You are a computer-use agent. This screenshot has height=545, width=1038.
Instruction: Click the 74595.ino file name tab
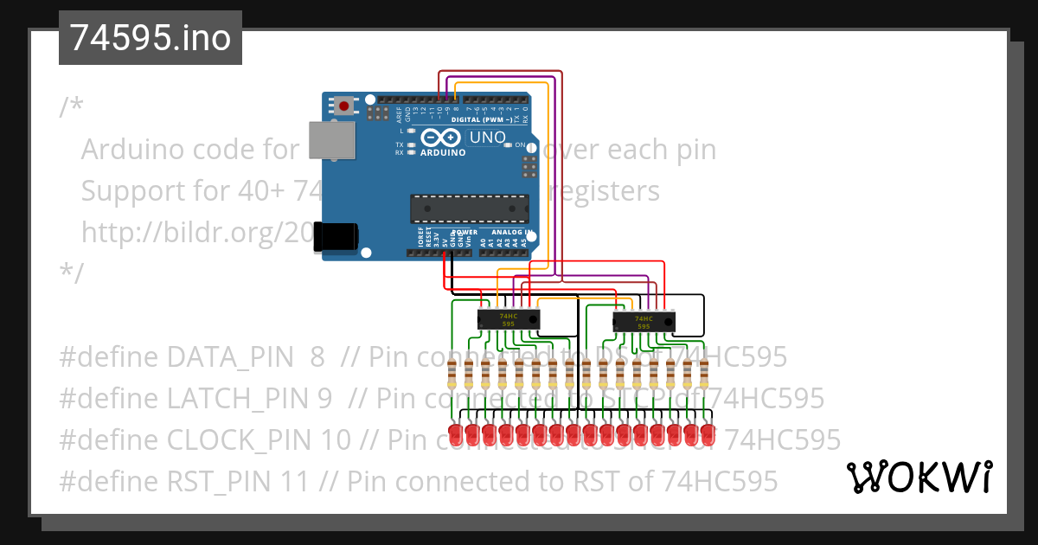point(150,39)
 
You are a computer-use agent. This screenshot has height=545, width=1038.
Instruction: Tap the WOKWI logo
point(919,478)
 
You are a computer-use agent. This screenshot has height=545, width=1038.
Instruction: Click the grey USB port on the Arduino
point(332,140)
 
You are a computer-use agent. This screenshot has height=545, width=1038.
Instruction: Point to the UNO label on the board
point(487,138)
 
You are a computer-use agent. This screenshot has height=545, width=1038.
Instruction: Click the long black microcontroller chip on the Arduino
point(469,208)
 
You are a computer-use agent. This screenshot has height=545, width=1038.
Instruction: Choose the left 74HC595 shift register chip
point(509,320)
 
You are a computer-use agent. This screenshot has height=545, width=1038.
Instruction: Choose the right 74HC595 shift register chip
point(643,322)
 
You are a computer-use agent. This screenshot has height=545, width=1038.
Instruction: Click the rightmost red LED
point(707,434)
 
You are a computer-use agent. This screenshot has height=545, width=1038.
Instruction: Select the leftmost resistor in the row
point(452,375)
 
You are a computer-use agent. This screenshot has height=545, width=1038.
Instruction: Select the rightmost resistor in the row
point(704,375)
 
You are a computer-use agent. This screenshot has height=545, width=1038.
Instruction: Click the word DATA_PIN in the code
point(220,356)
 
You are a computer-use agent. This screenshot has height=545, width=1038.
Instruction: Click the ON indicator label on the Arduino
point(520,145)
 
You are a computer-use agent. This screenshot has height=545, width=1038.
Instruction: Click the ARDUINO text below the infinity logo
point(442,152)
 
